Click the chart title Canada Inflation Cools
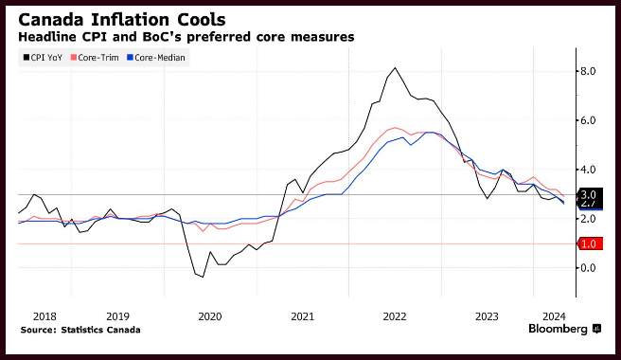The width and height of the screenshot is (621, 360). (122, 20)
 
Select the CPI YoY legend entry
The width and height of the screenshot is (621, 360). (43, 58)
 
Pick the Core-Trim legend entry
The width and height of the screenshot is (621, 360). (95, 58)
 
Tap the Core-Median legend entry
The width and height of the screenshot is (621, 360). (156, 58)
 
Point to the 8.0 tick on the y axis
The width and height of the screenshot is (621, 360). (588, 71)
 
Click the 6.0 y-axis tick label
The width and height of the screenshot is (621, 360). (588, 120)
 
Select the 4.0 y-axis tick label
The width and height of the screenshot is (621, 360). (588, 170)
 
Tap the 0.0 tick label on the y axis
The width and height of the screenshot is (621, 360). (588, 268)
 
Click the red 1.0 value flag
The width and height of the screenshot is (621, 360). (591, 243)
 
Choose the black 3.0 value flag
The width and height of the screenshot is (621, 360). (591, 194)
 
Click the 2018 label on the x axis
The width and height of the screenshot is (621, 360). (44, 316)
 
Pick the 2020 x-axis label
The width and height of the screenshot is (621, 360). (210, 316)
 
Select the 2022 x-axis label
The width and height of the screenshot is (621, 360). (395, 316)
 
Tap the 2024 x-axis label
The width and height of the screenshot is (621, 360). (554, 316)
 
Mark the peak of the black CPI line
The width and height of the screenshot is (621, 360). (395, 68)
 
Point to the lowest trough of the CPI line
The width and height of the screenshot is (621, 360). (203, 277)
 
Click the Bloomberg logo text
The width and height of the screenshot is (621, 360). (558, 329)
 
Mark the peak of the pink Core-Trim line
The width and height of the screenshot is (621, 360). (395, 128)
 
